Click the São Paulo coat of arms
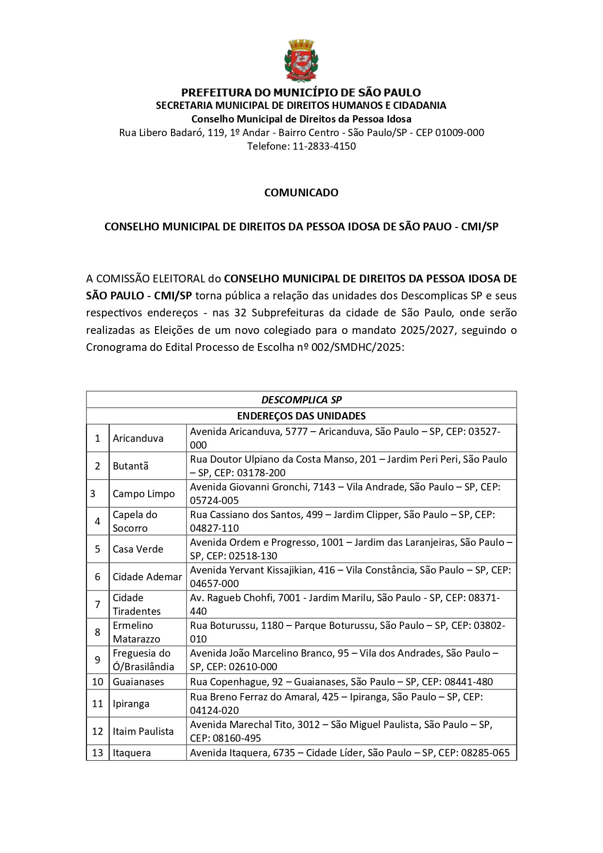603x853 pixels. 301,60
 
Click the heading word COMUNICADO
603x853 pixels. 301,192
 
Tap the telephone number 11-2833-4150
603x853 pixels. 324,146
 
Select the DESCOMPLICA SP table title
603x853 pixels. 301,400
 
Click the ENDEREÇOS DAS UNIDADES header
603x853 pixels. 301,416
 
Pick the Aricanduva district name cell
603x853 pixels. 138,438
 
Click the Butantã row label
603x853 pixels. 130,466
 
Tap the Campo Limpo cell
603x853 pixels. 143,493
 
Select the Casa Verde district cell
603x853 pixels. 138,549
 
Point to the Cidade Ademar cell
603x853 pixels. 147,576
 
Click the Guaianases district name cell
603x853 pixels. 138,681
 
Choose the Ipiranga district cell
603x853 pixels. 131,703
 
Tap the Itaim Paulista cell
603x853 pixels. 143,731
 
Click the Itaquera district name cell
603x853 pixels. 132,752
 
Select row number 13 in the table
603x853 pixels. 98,752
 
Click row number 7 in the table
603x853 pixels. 98,604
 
